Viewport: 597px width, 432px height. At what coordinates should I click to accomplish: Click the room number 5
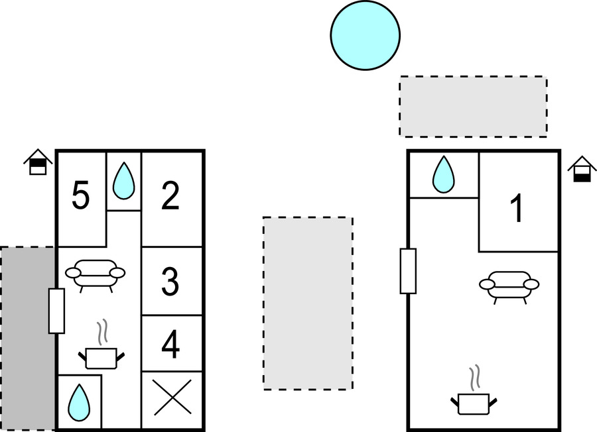(80, 197)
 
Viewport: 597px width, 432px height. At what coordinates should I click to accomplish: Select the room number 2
(170, 197)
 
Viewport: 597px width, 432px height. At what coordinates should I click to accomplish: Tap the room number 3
(170, 283)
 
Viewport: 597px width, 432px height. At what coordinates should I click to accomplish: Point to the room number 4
(170, 345)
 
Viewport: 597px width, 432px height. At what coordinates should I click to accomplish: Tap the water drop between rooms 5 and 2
(123, 182)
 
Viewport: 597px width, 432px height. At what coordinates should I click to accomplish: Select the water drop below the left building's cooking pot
(80, 402)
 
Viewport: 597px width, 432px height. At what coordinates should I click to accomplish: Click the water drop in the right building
(443, 175)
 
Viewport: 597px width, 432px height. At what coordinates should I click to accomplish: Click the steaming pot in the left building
(101, 349)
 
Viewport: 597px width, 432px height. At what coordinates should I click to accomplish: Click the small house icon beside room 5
(38, 162)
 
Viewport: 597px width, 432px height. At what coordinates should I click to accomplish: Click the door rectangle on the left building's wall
(56, 311)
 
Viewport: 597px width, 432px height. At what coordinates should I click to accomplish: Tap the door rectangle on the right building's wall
(407, 271)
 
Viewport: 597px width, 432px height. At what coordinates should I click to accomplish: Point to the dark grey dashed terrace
(27, 338)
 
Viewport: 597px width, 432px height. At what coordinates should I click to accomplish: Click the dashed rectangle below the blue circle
(473, 107)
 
